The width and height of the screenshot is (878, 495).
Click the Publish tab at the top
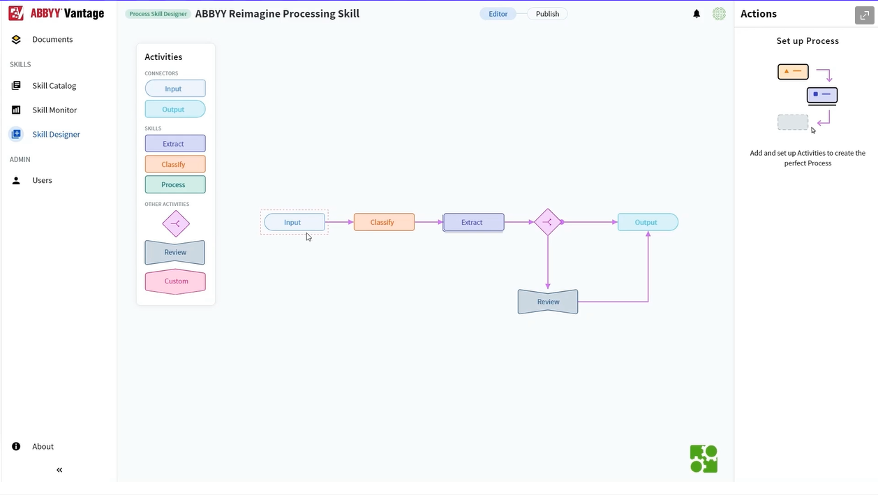[x=547, y=14]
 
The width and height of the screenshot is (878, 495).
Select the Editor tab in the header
[x=498, y=14]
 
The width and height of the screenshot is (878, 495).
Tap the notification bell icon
[x=697, y=14]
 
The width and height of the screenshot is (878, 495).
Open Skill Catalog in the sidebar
[x=54, y=85]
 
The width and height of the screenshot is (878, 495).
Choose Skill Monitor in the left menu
[x=54, y=110]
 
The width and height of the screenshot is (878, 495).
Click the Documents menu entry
[x=52, y=39]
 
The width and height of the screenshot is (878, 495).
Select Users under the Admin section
[x=42, y=180]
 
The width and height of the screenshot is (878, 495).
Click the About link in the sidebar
[x=43, y=446]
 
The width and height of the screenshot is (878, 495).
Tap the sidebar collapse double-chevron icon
[x=59, y=470]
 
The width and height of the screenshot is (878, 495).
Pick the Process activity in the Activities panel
[x=175, y=184]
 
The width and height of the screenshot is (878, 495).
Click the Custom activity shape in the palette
[x=175, y=281]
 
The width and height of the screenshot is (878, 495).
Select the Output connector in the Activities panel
[x=175, y=109]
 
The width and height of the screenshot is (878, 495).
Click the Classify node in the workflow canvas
[x=384, y=222]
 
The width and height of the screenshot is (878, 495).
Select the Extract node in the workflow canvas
[x=473, y=223]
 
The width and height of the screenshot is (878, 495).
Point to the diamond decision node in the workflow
[x=548, y=222]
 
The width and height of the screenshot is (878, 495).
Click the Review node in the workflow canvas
[x=548, y=302]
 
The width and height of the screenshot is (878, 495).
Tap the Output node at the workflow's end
[x=648, y=222]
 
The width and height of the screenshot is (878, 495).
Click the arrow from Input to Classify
[x=339, y=222]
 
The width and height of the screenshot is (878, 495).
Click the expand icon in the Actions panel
[x=864, y=15]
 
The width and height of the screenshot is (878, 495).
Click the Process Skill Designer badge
[x=158, y=14]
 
